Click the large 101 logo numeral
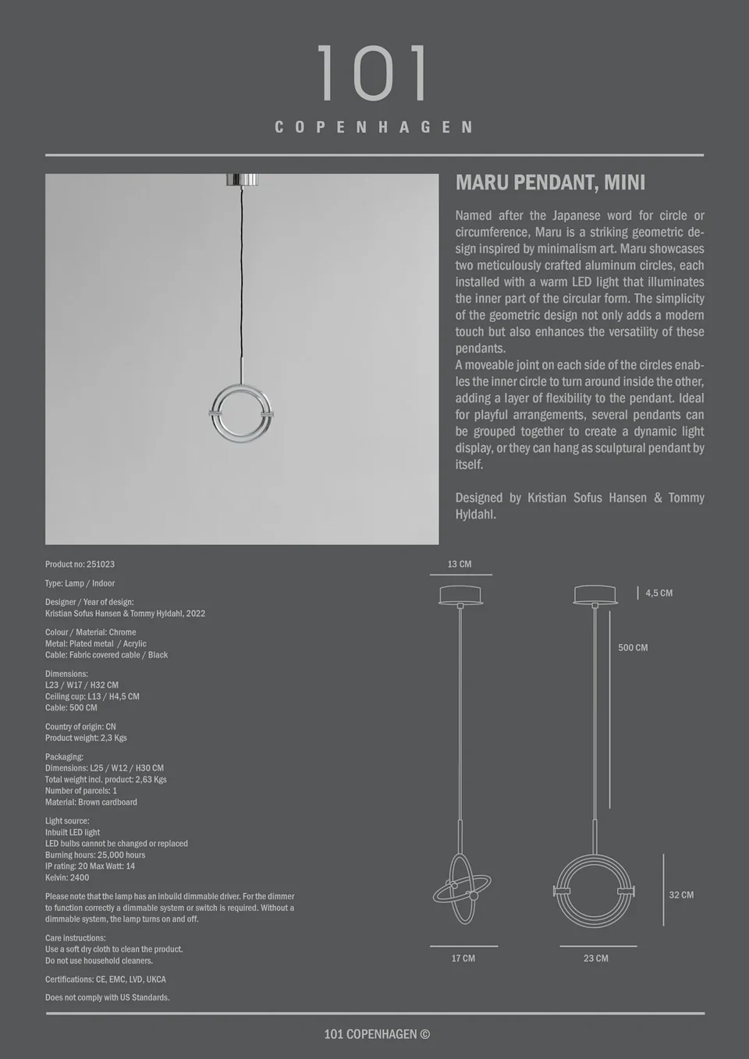click(x=373, y=73)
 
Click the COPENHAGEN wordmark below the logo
click(x=374, y=127)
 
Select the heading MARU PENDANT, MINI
click(x=550, y=182)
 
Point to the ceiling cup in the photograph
click(x=242, y=179)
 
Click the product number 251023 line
click(x=80, y=564)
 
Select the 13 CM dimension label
click(x=460, y=564)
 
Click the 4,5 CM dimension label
click(x=658, y=593)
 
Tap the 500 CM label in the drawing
click(x=633, y=648)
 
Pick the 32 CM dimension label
click(x=681, y=895)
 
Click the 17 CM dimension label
click(x=463, y=958)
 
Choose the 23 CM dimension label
click(x=595, y=958)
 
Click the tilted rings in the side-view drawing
click(x=462, y=890)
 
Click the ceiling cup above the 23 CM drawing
click(x=595, y=595)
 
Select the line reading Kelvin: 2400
click(x=67, y=877)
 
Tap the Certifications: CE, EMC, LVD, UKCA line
click(x=105, y=979)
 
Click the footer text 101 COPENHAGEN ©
click(x=377, y=1034)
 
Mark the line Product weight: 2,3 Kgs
click(x=86, y=738)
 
